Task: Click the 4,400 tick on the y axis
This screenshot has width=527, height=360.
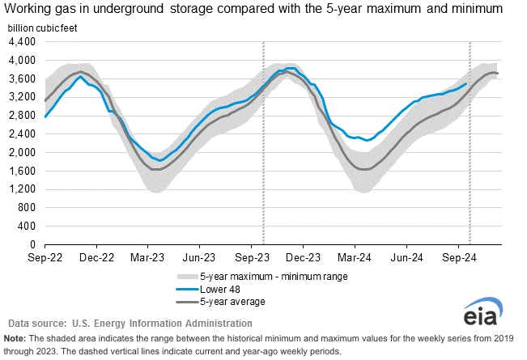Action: point(22,42)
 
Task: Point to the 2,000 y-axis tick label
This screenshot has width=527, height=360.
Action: point(22,152)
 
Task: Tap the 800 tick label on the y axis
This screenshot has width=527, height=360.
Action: point(26,207)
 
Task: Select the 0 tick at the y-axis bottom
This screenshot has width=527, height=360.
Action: point(33,244)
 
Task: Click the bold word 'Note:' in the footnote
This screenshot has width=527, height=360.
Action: point(15,338)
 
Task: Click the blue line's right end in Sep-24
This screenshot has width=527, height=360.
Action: point(466,83)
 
